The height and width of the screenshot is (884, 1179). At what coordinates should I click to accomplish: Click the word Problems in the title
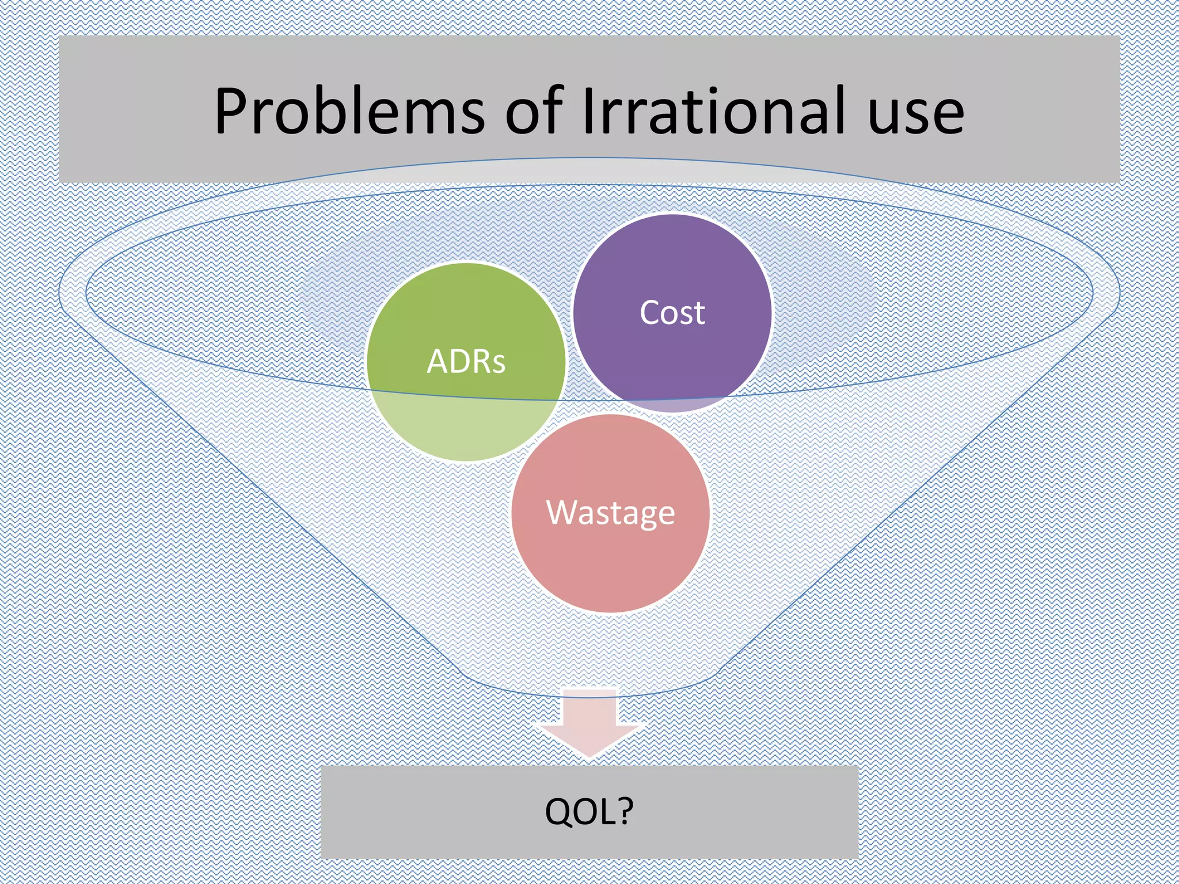pyautogui.click(x=349, y=111)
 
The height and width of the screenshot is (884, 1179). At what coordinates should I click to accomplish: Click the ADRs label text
pyautogui.click(x=466, y=362)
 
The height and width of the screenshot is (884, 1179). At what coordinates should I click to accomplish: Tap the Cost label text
pyautogui.click(x=672, y=313)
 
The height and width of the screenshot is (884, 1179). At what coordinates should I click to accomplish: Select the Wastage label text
pyautogui.click(x=610, y=512)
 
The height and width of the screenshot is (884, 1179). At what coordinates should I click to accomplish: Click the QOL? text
pyautogui.click(x=589, y=811)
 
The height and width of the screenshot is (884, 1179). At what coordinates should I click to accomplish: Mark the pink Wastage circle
pyautogui.click(x=610, y=564)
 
